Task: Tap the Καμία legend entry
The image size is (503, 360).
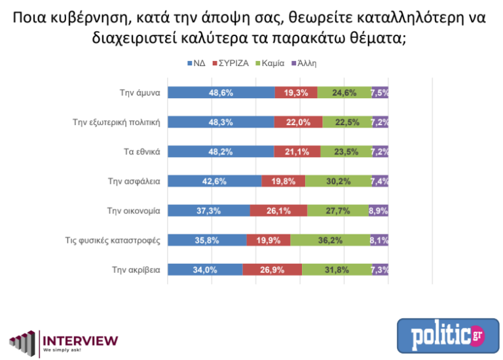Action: [272, 63]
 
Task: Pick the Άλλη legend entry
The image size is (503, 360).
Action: [307, 63]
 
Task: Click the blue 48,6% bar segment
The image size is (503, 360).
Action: [221, 92]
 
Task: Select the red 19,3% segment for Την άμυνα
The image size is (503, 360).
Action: [296, 92]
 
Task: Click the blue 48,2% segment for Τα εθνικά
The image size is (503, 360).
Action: [221, 151]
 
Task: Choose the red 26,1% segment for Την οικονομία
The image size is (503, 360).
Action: [278, 210]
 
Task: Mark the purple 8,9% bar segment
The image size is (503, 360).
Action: [379, 210]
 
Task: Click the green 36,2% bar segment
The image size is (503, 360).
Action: [330, 240]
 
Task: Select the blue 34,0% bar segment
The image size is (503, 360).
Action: [205, 269]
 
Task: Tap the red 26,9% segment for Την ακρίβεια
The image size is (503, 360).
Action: [272, 269]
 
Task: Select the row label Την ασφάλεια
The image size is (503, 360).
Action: [134, 181]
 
